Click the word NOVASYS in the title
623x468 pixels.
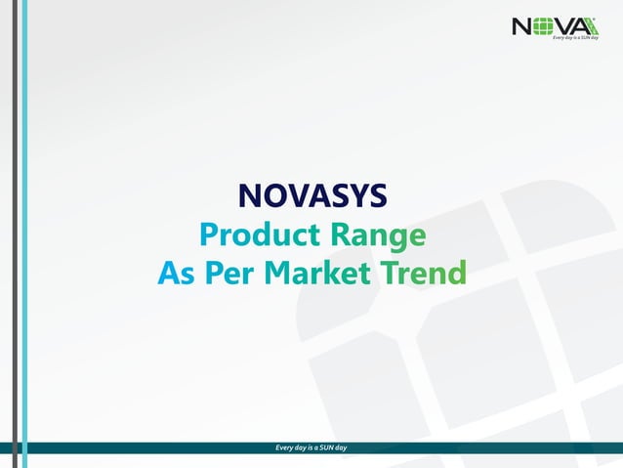click(312, 196)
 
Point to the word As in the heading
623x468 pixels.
click(176, 273)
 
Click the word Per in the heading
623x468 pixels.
click(228, 273)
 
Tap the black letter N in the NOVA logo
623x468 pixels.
click(522, 26)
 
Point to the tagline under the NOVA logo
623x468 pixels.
click(574, 37)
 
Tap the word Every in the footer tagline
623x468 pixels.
click(286, 447)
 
